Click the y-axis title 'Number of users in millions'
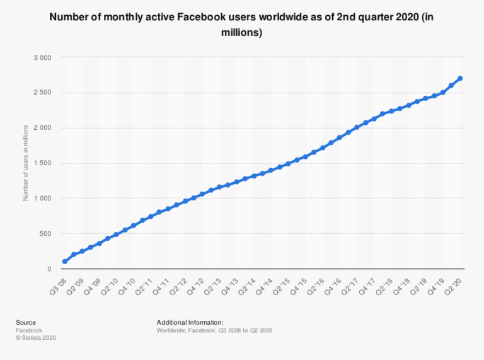(26, 163)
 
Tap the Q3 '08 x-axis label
(58, 283)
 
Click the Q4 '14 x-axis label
(265, 283)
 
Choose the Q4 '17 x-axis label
(367, 283)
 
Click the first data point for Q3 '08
(65, 262)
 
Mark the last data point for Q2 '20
(460, 78)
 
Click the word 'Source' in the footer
(26, 322)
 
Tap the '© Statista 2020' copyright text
(37, 337)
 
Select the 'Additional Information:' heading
(190, 322)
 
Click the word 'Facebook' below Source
(29, 330)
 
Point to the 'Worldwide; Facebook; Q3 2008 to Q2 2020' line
(214, 330)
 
